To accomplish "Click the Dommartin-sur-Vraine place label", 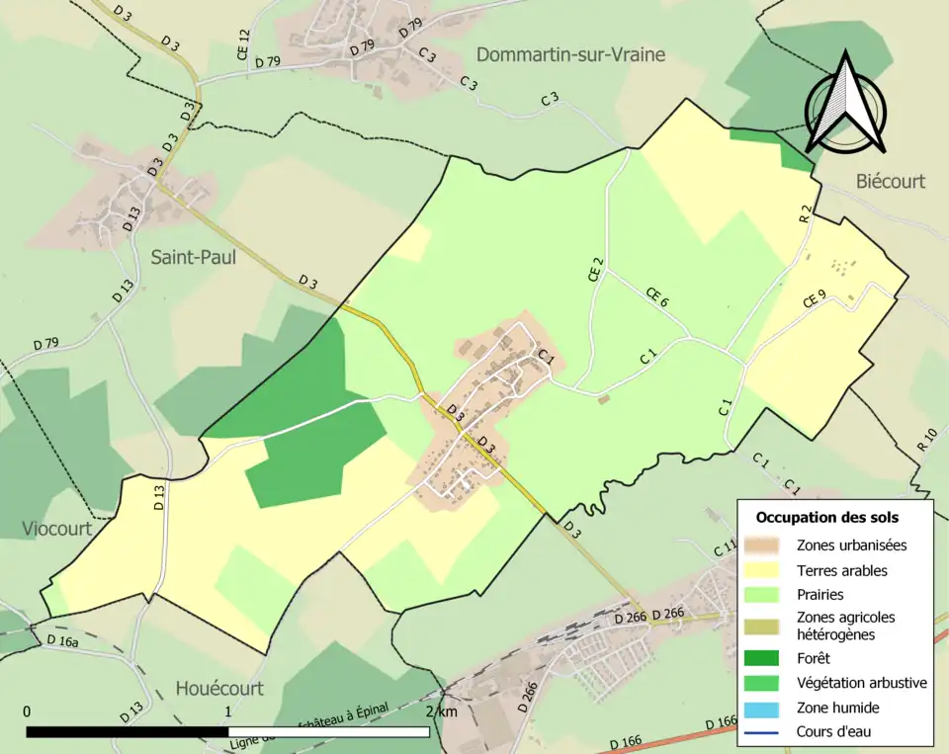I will pyautogui.click(x=570, y=55).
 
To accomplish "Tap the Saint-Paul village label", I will pyautogui.click(x=194, y=257).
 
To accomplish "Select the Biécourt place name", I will pyautogui.click(x=891, y=181).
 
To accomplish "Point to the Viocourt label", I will pyautogui.click(x=56, y=529).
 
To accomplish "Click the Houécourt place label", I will pyautogui.click(x=219, y=688).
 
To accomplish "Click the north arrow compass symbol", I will pyautogui.click(x=844, y=104).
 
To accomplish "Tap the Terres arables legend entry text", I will pyautogui.click(x=841, y=570).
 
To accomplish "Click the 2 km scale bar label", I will pyautogui.click(x=440, y=712).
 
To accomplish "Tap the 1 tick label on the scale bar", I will pyautogui.click(x=228, y=712).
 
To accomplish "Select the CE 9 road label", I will pyautogui.click(x=815, y=298).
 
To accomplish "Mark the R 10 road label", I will pyautogui.click(x=926, y=440).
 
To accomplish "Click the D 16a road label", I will pyautogui.click(x=62, y=641).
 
